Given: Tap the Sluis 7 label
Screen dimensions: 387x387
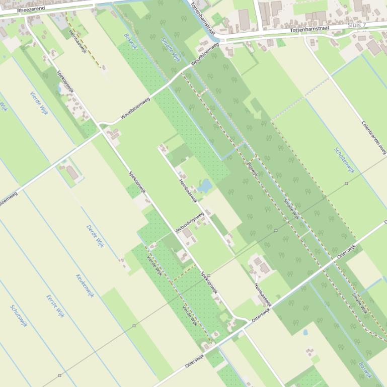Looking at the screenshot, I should (357, 25).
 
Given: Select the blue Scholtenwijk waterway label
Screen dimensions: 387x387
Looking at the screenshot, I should (344, 160).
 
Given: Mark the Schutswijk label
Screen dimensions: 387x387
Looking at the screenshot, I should (19, 316).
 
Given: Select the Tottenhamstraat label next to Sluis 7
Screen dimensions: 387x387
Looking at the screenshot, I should (309, 30).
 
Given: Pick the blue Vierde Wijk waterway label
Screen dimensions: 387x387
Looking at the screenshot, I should (39, 104).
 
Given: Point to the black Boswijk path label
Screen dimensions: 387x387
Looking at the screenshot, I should (252, 167).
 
